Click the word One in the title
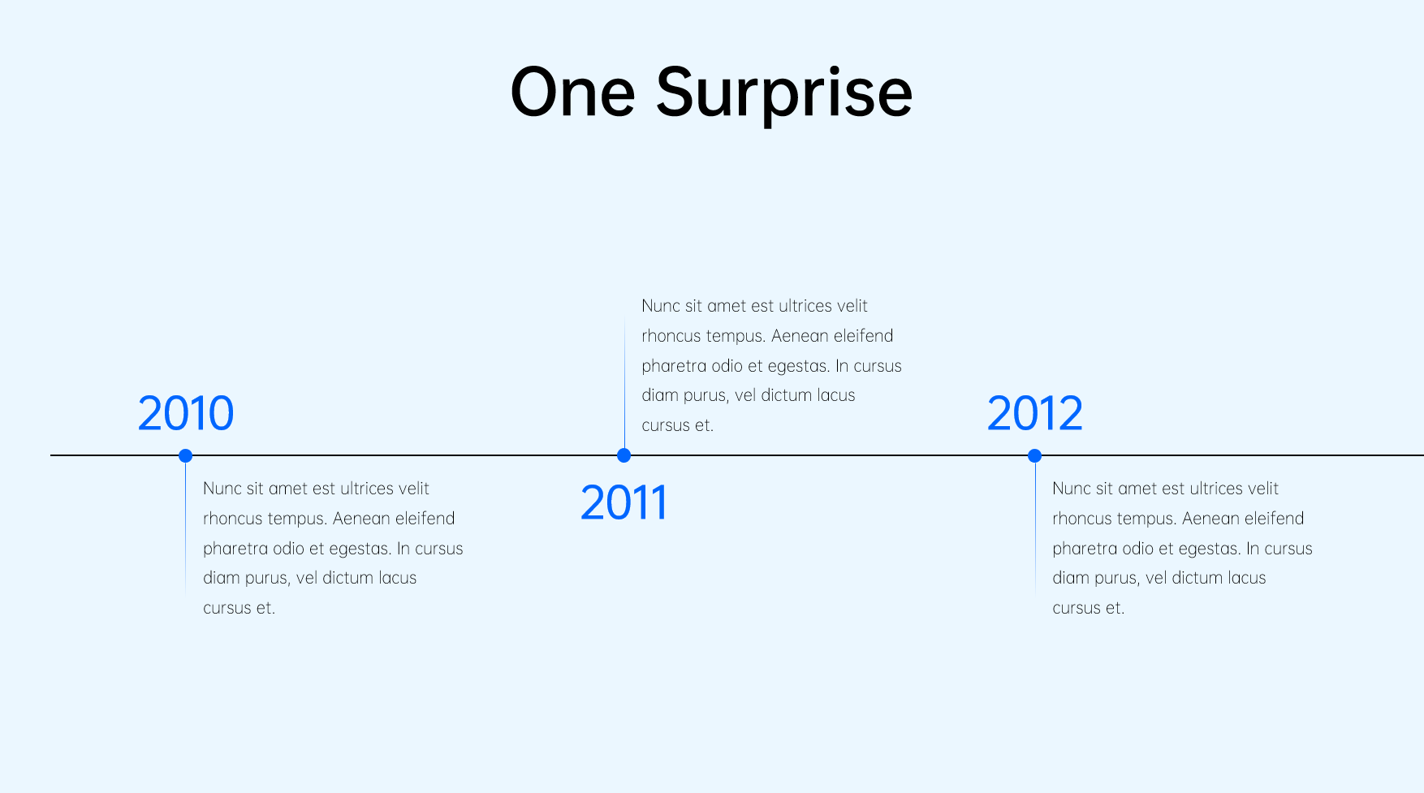(572, 93)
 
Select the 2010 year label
(186, 413)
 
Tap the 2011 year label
(624, 502)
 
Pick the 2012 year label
(1035, 413)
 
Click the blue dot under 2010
(185, 455)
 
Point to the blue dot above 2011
(624, 455)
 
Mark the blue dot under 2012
(1034, 455)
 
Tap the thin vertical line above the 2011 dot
(624, 384)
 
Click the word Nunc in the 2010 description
(222, 489)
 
